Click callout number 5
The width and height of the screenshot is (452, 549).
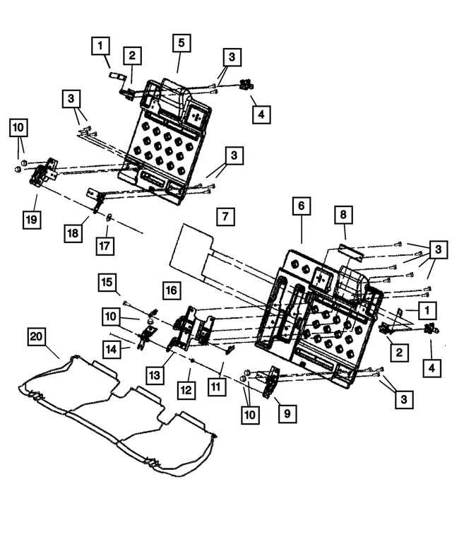click(180, 44)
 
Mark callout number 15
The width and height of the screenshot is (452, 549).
click(107, 283)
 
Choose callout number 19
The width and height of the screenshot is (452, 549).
click(30, 219)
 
